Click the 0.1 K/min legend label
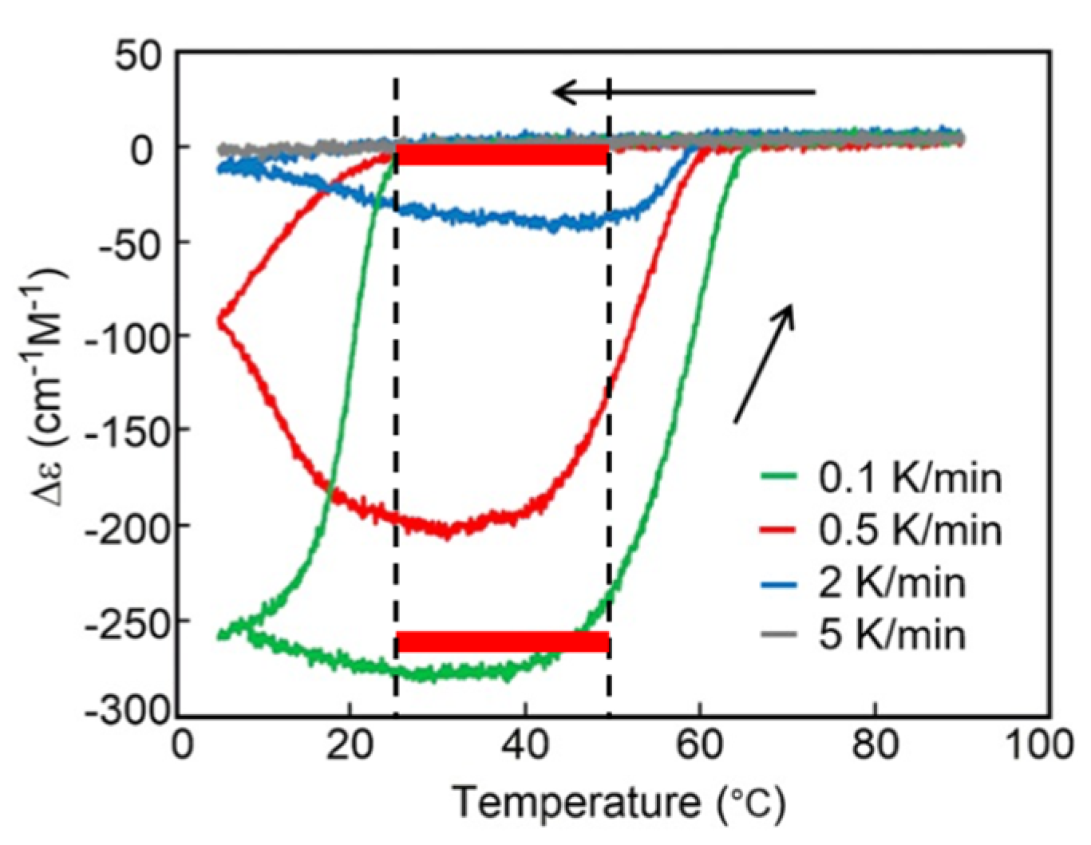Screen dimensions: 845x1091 click(x=910, y=478)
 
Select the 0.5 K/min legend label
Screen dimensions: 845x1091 click(x=910, y=530)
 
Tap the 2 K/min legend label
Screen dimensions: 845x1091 click(x=891, y=582)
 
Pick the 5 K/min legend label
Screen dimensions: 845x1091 click(x=891, y=635)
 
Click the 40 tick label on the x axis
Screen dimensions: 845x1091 click(x=524, y=745)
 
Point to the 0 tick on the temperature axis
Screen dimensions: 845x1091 click(x=184, y=745)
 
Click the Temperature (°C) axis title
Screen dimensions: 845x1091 click(x=619, y=802)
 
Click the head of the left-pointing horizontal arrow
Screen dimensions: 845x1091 click(x=559, y=93)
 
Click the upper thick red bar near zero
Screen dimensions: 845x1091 click(x=503, y=155)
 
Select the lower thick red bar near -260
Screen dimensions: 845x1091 click(x=503, y=642)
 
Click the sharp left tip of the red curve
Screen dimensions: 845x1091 click(x=219, y=318)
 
